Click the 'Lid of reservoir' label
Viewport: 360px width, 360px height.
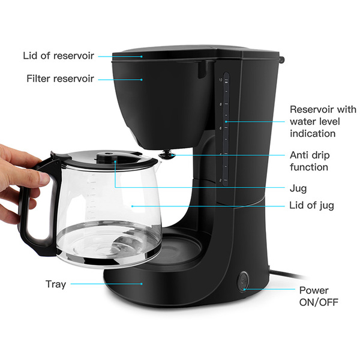tap(59, 56)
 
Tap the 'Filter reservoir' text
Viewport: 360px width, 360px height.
tap(60, 79)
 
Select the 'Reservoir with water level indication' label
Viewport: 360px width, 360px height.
tap(323, 121)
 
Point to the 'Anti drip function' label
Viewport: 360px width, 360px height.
tap(310, 161)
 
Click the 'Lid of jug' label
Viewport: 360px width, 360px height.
tap(311, 205)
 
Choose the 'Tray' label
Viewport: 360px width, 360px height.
tap(56, 284)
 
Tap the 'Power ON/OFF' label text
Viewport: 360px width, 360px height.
tap(319, 296)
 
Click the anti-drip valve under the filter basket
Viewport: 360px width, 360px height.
tap(167, 154)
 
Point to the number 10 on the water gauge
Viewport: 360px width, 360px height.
tap(220, 80)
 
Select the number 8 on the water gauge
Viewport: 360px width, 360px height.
tap(221, 104)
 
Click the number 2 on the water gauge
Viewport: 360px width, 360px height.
tap(220, 180)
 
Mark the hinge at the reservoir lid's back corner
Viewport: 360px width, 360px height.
tap(281, 59)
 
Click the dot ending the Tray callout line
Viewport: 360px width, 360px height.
tap(142, 284)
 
